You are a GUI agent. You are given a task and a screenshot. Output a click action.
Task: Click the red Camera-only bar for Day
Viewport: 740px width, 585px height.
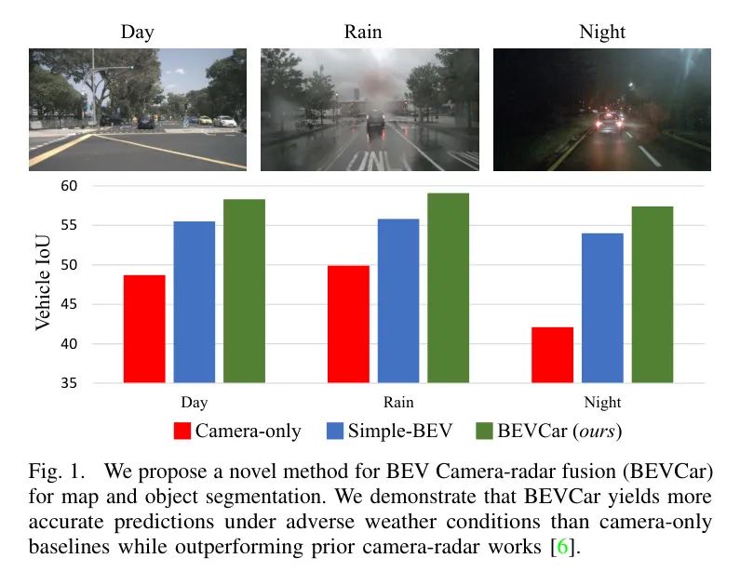click(144, 328)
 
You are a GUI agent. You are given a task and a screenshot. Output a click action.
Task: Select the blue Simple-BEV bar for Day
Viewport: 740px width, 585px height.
click(194, 301)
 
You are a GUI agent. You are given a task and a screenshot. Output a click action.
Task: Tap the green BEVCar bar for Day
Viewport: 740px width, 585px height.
click(244, 290)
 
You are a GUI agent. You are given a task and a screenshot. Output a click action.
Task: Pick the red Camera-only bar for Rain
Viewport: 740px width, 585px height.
click(348, 324)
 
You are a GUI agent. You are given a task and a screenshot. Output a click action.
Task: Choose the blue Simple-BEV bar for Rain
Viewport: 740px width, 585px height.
click(398, 300)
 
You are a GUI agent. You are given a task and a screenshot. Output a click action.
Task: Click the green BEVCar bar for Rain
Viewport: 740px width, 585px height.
click(448, 287)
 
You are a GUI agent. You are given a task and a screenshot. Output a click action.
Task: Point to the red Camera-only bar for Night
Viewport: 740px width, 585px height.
click(552, 354)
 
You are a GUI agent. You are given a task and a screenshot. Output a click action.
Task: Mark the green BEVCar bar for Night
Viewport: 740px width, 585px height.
click(652, 294)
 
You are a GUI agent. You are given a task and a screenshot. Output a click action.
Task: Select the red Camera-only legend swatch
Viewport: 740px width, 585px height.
click(182, 431)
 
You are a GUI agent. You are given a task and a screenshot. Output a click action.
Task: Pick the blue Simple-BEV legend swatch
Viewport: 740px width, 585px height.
click(335, 431)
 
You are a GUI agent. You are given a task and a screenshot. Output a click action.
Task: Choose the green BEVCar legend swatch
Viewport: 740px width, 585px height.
click(484, 431)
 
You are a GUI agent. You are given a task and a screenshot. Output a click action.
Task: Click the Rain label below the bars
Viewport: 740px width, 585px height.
click(398, 403)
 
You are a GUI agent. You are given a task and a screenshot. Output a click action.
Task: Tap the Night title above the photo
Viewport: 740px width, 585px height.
click(602, 33)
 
